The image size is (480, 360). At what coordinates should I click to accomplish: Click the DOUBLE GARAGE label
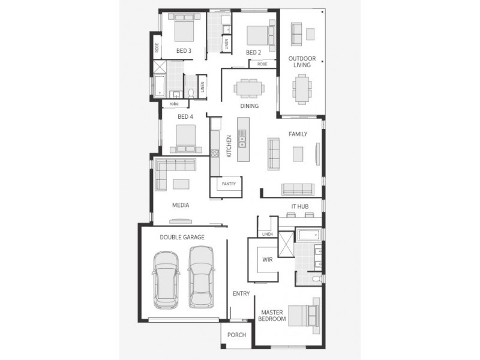182,237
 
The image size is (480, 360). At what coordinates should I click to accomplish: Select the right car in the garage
201,279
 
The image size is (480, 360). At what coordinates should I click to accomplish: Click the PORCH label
236,335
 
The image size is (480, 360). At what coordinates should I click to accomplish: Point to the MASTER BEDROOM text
272,316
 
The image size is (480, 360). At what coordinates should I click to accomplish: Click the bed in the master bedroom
303,316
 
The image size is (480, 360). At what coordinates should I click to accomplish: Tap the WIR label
268,260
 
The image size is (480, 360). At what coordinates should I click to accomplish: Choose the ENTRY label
241,293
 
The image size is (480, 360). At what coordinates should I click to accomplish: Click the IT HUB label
299,206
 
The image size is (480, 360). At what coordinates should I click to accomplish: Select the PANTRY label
229,184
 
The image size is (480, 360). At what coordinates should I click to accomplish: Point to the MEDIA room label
181,205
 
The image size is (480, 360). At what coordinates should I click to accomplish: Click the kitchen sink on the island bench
242,142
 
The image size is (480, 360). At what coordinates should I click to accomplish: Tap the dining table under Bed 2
249,89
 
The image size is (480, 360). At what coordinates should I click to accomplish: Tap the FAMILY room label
298,134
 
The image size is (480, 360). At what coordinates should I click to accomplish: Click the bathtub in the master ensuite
309,235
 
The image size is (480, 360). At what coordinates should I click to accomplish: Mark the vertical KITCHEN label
229,146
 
